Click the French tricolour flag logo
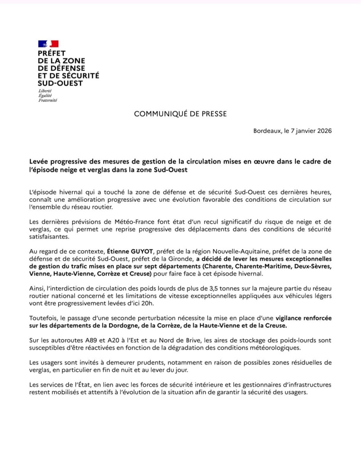[49, 43]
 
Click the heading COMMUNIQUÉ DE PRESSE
[180, 114]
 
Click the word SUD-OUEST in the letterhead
[60, 83]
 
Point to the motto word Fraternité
[47, 100]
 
